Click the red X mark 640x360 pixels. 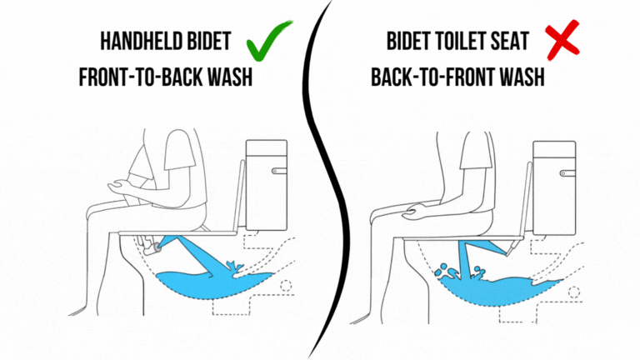point(562,39)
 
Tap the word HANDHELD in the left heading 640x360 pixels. point(141,41)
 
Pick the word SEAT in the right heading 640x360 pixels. point(512,41)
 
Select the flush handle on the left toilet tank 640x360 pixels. point(280,171)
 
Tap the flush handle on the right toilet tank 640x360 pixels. point(567,173)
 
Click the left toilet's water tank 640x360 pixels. point(266,185)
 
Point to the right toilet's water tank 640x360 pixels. point(554,187)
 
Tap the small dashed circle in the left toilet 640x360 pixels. point(286,285)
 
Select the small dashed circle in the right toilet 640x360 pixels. point(574,292)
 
